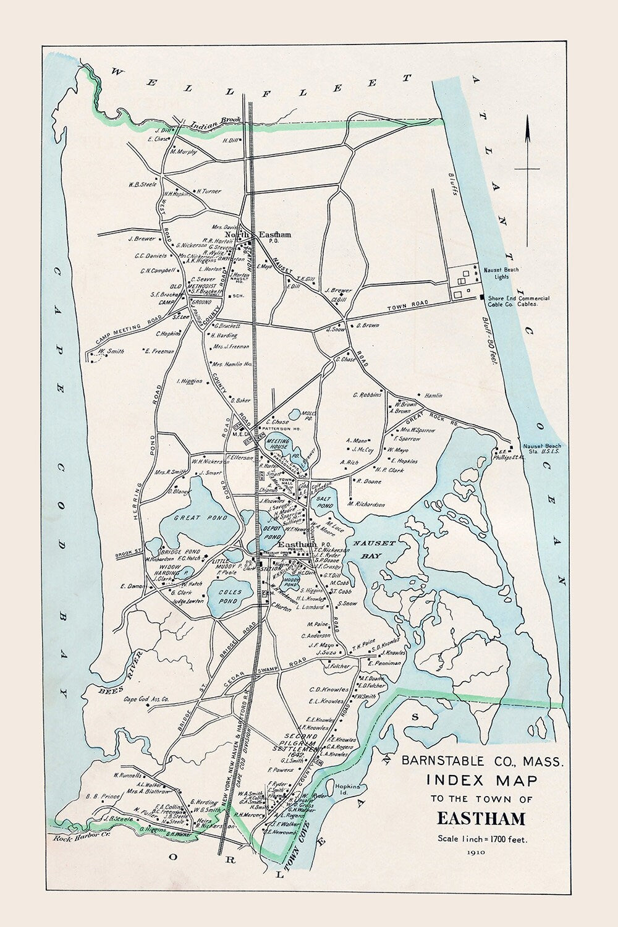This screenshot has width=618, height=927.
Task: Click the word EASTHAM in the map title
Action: (481, 819)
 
